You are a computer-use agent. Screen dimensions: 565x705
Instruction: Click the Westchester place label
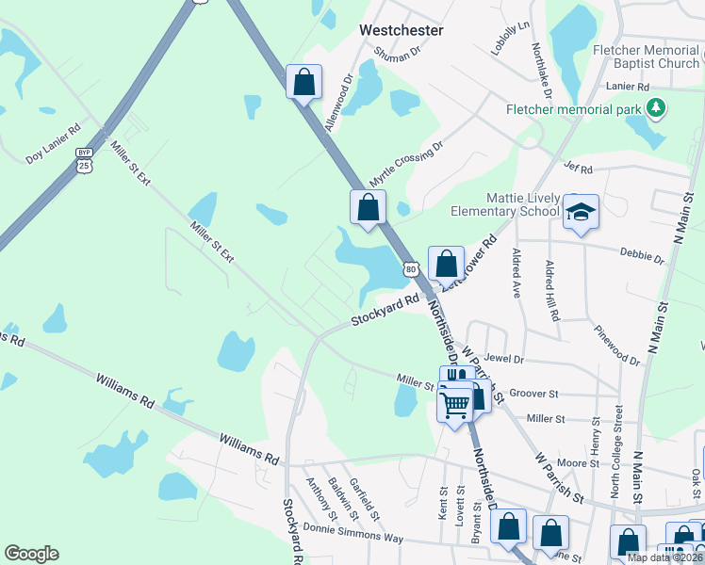tap(401, 30)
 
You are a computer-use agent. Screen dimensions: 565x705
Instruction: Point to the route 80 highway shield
tap(411, 269)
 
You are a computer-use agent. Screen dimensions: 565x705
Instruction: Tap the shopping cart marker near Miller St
tap(455, 406)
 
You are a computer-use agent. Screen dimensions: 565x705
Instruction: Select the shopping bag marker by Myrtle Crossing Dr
tap(368, 207)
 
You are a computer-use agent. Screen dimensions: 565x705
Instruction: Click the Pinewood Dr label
tap(617, 345)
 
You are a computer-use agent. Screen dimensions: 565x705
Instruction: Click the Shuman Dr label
tap(396, 56)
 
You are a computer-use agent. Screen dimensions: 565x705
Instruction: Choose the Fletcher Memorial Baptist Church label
tap(646, 56)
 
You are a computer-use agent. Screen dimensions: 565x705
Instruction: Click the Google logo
tap(31, 554)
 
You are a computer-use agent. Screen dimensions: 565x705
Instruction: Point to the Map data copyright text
tap(665, 557)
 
